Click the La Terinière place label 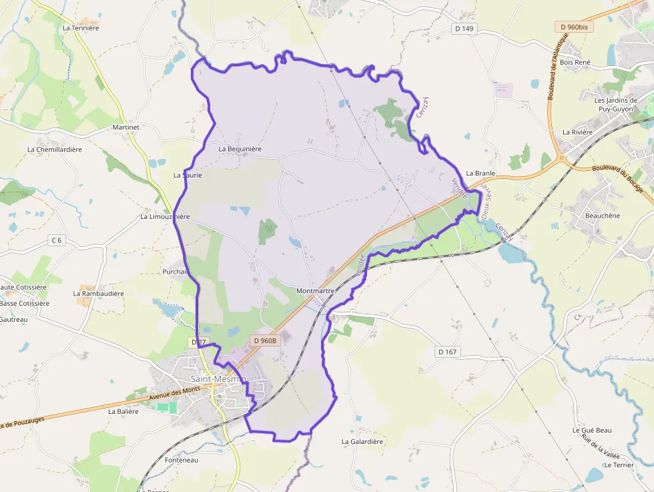tap(80, 28)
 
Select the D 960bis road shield tap(574, 27)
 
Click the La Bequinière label tap(240, 149)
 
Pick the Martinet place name tap(126, 127)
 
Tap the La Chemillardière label tap(55, 150)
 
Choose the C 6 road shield tap(57, 240)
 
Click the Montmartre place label tap(314, 291)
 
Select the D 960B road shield tap(265, 340)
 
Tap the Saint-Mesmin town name tap(218, 379)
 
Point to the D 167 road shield tap(448, 351)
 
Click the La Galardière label tap(362, 441)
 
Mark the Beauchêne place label tap(603, 216)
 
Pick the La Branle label tap(480, 173)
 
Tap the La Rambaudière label tap(99, 293)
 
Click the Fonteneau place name tap(182, 460)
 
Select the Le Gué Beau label tap(592, 431)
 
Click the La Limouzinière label tap(165, 217)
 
